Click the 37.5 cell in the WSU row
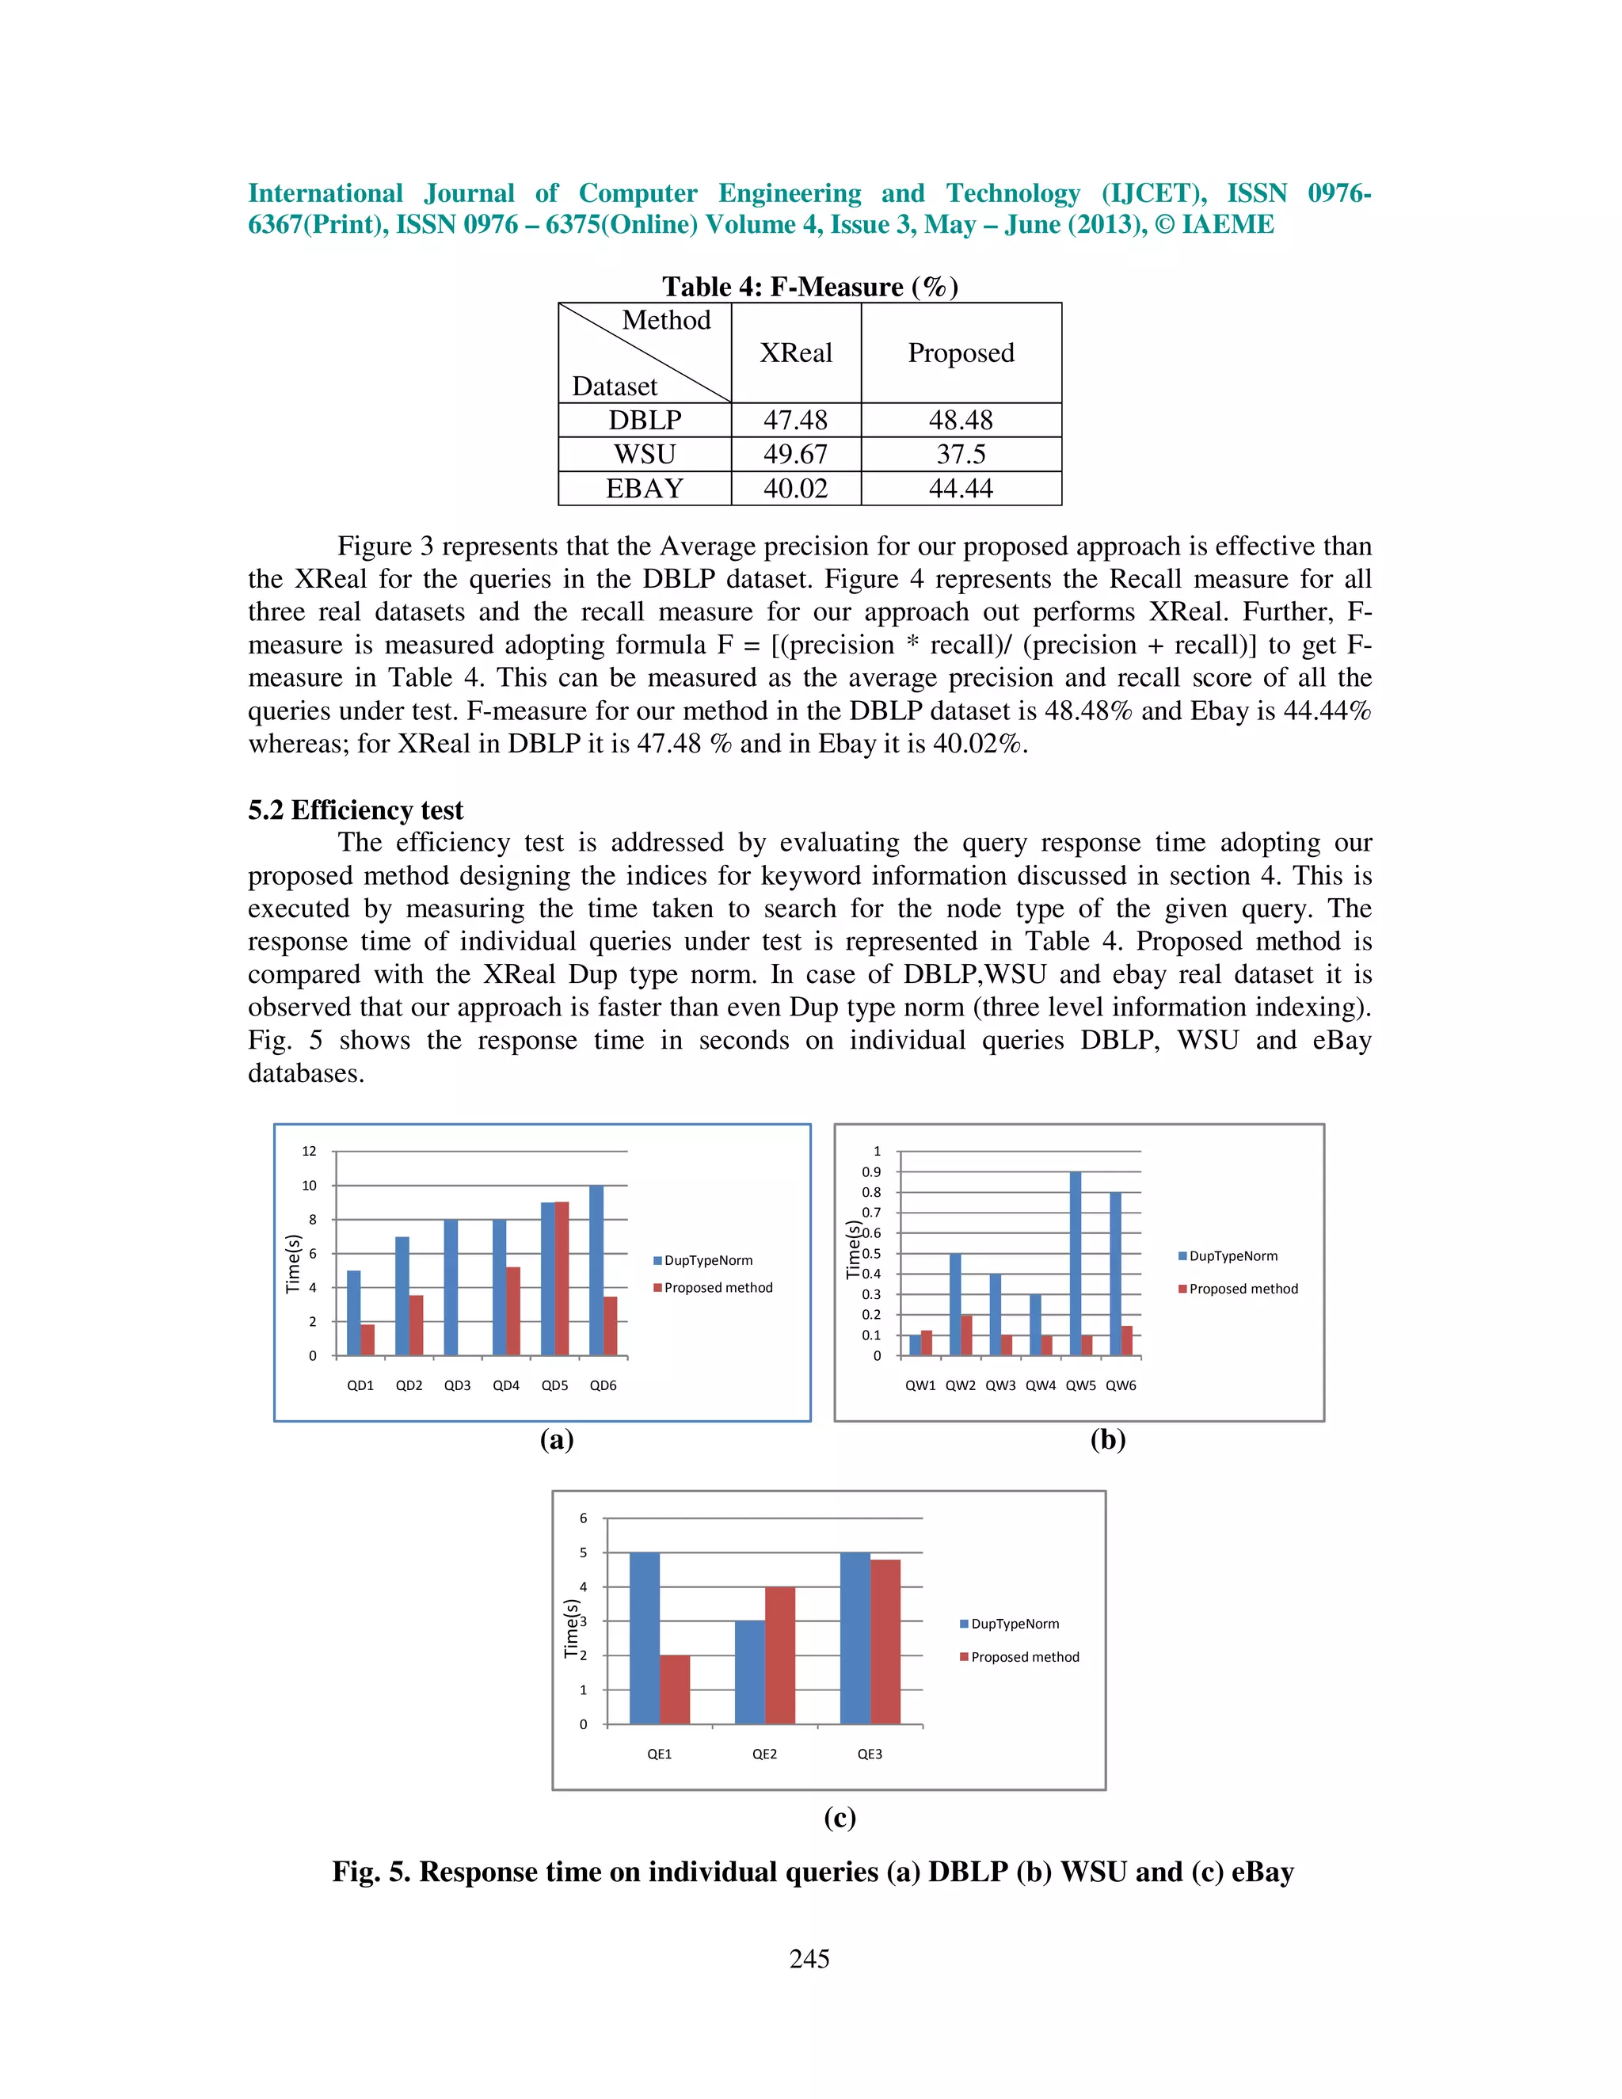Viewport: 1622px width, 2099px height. [961, 454]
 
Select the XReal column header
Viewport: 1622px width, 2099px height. [796, 352]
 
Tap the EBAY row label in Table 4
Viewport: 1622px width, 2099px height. [644, 488]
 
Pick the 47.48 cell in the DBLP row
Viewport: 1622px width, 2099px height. [796, 420]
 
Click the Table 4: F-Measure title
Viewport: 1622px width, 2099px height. [809, 287]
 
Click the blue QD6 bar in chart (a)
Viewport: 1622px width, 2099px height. [596, 1270]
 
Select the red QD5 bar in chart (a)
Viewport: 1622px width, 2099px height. [562, 1278]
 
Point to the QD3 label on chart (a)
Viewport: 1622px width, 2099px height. [458, 1385]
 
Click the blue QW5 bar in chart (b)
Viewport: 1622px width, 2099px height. [1076, 1264]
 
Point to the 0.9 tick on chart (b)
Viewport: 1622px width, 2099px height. [870, 1171]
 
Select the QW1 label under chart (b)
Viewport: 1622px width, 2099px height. [920, 1385]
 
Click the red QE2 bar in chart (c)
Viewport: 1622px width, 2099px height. [780, 1655]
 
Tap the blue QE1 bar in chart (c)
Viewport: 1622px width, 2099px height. [645, 1638]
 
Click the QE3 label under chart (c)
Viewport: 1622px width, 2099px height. [870, 1754]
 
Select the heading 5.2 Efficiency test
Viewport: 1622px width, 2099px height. [356, 810]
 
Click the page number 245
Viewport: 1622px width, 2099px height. [809, 1959]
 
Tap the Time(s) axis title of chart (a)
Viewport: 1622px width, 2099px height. [294, 1264]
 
